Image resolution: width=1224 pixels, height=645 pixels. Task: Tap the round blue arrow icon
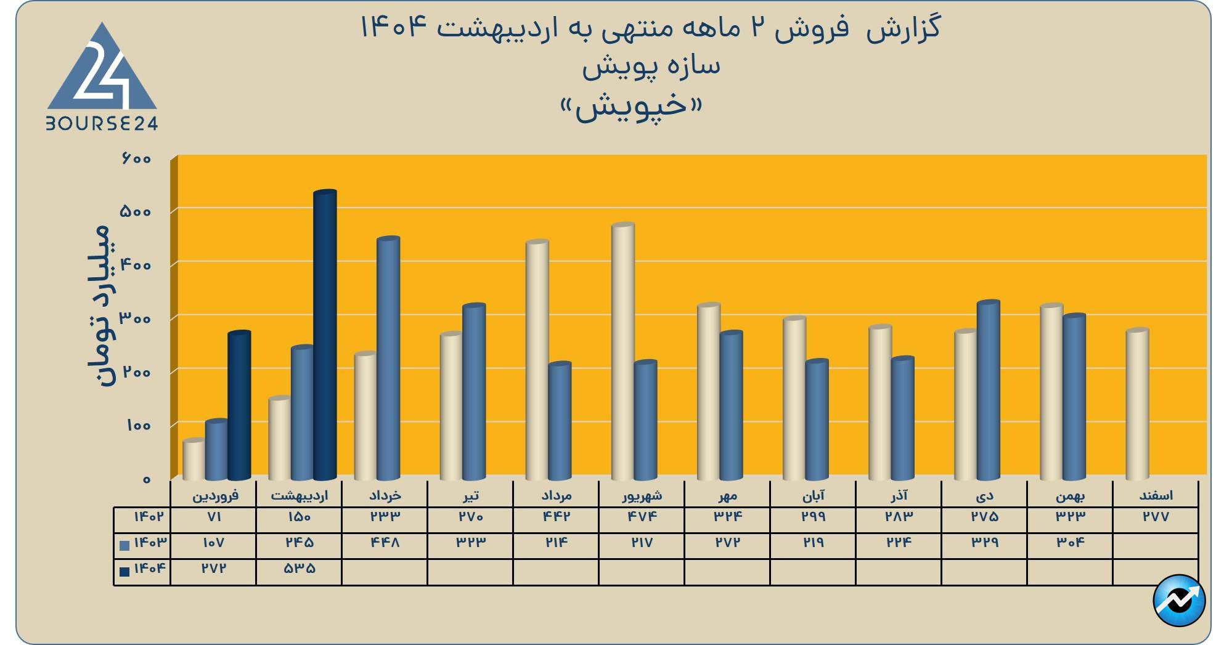(1179, 600)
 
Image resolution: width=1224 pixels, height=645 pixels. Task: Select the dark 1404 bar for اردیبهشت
(325, 336)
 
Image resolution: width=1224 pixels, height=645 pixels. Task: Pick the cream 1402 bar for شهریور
(622, 351)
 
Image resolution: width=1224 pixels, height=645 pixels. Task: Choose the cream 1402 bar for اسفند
(1137, 404)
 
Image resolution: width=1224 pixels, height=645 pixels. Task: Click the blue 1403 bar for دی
(988, 391)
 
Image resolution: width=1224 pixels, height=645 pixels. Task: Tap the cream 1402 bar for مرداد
(537, 360)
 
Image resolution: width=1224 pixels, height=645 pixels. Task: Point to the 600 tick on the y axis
(136, 159)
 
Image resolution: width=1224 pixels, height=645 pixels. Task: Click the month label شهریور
(642, 495)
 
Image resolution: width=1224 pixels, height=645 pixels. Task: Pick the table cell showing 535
(299, 569)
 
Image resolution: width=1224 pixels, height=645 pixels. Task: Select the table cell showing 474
(642, 517)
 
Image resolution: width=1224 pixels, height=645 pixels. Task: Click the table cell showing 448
(385, 543)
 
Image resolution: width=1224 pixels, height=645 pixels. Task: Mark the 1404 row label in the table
(150, 568)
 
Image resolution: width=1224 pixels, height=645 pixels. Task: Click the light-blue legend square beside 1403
(124, 545)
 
